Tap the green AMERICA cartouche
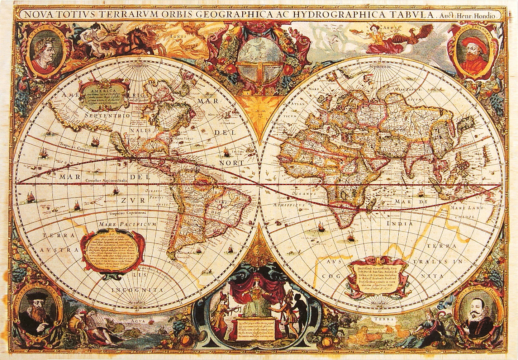coord(104,95)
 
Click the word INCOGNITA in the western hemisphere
coord(137,289)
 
